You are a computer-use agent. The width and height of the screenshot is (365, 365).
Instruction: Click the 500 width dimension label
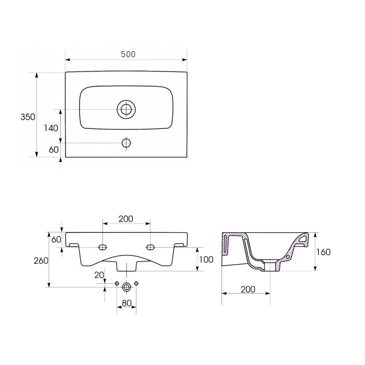128,54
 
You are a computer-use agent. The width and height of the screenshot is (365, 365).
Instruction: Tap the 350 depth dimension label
28,117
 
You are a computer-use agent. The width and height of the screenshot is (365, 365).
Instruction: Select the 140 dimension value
51,128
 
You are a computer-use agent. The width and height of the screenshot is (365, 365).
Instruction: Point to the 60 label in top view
54,150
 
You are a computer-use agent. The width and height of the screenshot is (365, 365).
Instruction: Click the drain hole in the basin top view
126,109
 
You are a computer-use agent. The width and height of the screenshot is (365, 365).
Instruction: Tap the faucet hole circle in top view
126,142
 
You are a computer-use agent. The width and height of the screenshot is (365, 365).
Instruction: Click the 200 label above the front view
126,219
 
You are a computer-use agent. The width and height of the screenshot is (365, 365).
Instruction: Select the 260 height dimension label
41,261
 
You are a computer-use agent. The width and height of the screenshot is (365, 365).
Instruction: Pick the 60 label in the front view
56,239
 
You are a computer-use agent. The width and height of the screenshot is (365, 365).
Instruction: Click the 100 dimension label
206,260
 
